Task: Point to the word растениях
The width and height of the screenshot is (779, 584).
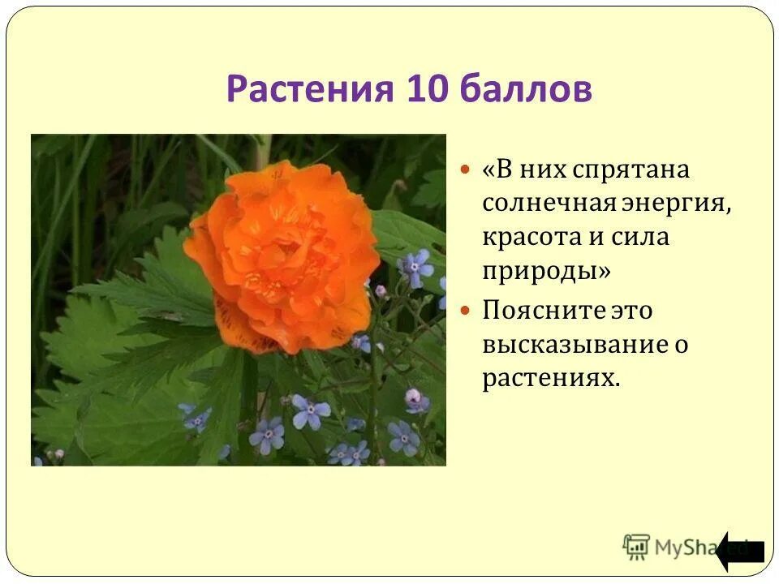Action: coord(551,378)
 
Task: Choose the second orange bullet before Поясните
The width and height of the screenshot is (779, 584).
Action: coord(465,310)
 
